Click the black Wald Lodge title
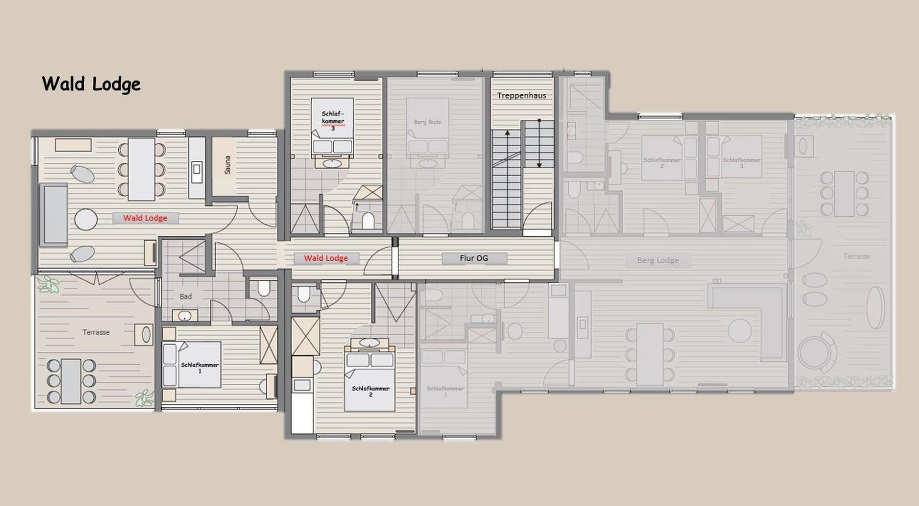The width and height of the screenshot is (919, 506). pyautogui.click(x=91, y=84)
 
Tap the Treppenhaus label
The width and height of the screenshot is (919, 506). pyautogui.click(x=521, y=95)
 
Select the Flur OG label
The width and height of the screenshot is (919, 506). pyautogui.click(x=474, y=258)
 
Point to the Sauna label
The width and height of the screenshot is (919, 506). pyautogui.click(x=227, y=165)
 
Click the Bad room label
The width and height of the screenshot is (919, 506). pyautogui.click(x=186, y=297)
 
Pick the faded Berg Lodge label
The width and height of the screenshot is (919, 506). pyautogui.click(x=658, y=260)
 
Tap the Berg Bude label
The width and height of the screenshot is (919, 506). pyautogui.click(x=427, y=122)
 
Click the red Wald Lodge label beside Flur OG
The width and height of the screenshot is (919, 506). pyautogui.click(x=326, y=258)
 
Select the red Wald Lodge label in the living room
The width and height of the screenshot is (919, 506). pyautogui.click(x=145, y=218)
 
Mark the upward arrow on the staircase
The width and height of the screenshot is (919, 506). pyautogui.click(x=507, y=135)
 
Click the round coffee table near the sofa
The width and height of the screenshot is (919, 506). pyautogui.click(x=86, y=219)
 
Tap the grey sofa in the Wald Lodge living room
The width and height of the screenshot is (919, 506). pyautogui.click(x=53, y=215)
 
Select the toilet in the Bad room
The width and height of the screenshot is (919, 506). pyautogui.click(x=264, y=288)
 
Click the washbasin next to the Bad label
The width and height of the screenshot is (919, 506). pyautogui.click(x=185, y=316)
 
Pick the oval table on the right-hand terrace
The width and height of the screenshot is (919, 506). pyautogui.click(x=876, y=307)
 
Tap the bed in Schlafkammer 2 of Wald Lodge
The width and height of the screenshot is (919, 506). pyautogui.click(x=370, y=381)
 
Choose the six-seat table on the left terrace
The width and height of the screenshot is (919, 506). pyautogui.click(x=71, y=381)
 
